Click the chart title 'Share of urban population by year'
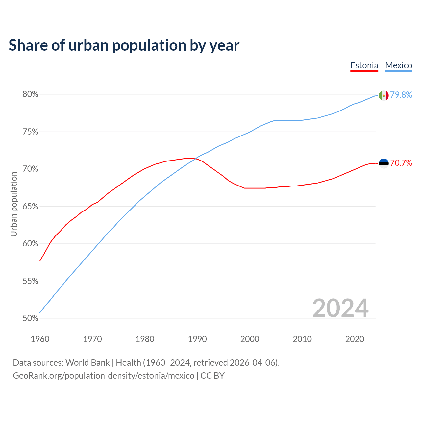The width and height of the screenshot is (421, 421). tap(124, 45)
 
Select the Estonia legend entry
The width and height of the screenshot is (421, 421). tap(364, 65)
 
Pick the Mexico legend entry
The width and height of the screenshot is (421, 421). tap(399, 65)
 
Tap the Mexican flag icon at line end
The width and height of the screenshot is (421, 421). tap(384, 95)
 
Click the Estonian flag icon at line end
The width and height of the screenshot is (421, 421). tap(384, 163)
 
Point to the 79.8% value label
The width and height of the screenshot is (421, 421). tap(401, 95)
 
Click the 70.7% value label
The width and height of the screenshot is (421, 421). tap(401, 163)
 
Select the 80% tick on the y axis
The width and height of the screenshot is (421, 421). tap(30, 94)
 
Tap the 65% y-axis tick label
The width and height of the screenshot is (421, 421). tap(30, 207)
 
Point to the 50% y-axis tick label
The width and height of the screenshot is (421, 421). tap(30, 318)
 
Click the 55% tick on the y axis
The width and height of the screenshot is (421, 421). tap(30, 281)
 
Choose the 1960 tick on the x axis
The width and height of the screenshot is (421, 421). tap(40, 339)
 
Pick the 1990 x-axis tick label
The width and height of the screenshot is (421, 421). tap(197, 339)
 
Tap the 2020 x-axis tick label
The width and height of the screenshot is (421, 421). tap(355, 339)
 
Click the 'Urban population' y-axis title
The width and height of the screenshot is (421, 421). tap(14, 204)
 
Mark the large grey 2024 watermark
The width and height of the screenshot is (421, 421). tap(340, 308)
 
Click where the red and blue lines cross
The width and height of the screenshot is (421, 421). tap(195, 159)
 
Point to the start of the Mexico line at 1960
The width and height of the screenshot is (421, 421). tap(40, 312)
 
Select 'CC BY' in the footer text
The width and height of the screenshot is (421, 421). tap(212, 376)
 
